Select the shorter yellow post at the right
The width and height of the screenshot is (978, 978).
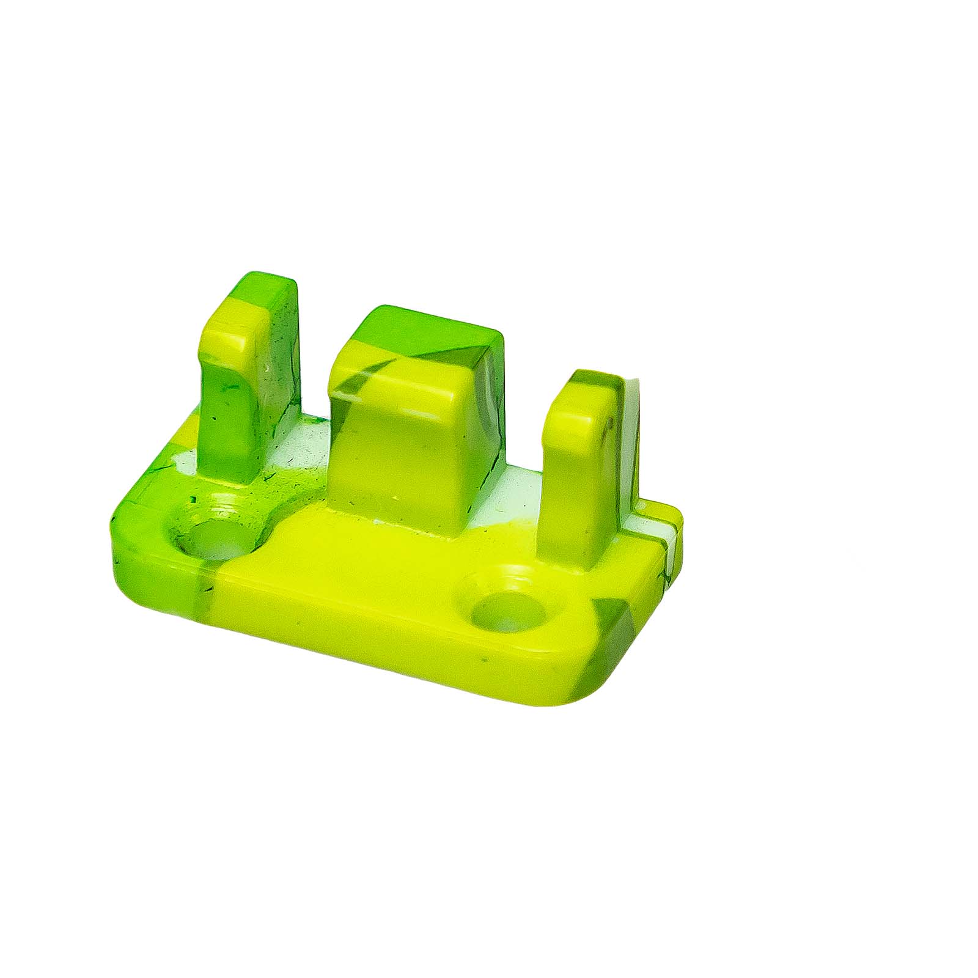(x=572, y=477)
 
